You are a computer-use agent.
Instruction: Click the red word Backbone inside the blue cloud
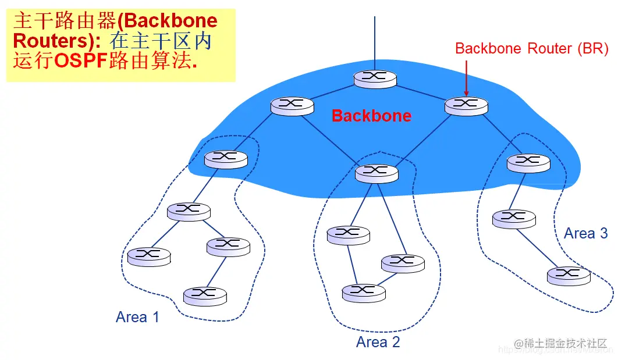(x=371, y=115)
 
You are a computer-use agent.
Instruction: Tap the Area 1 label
(x=137, y=317)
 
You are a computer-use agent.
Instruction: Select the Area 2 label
(x=378, y=342)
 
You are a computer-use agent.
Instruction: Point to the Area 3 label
(x=586, y=234)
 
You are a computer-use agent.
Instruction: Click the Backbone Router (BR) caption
(x=532, y=49)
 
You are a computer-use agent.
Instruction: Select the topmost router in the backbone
(x=375, y=79)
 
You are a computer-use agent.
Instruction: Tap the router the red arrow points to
(x=466, y=105)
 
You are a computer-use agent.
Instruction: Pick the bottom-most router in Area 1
(x=205, y=295)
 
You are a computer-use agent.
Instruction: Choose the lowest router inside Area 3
(x=569, y=275)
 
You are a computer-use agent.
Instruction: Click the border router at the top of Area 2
(x=377, y=172)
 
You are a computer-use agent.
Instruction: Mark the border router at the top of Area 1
(x=226, y=159)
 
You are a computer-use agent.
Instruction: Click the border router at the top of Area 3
(x=528, y=162)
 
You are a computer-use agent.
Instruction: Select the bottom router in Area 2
(x=364, y=292)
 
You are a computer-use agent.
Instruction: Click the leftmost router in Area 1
(x=149, y=255)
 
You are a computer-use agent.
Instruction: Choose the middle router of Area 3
(x=513, y=218)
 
